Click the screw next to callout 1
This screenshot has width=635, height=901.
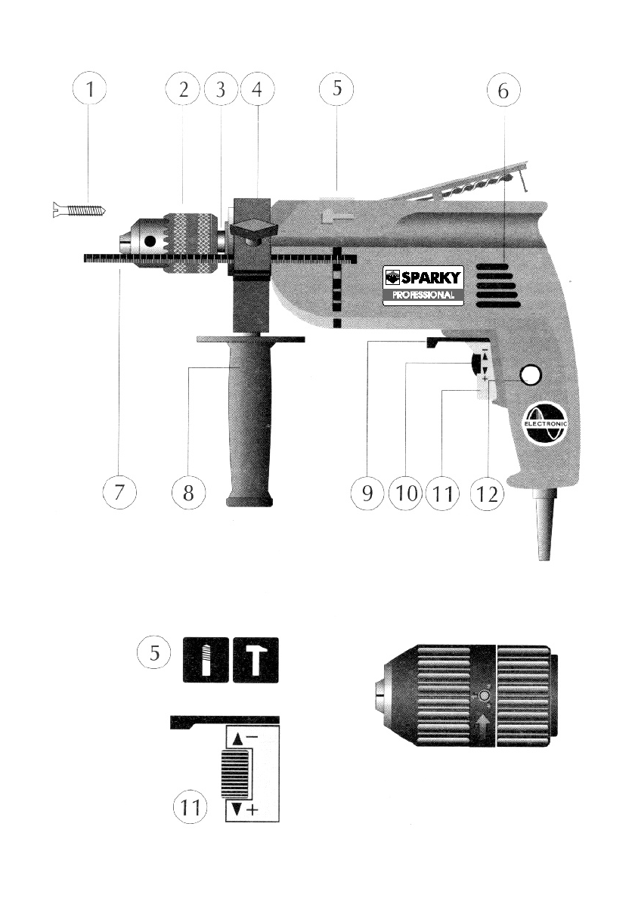pyautogui.click(x=79, y=210)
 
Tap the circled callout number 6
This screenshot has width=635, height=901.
pyautogui.click(x=503, y=90)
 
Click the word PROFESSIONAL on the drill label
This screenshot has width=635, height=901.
pyautogui.click(x=423, y=296)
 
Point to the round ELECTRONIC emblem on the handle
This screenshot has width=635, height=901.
pyautogui.click(x=545, y=423)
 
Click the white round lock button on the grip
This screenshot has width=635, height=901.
pyautogui.click(x=531, y=375)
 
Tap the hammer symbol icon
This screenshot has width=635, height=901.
pyautogui.click(x=256, y=660)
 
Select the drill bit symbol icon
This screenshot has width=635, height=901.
pyautogui.click(x=206, y=660)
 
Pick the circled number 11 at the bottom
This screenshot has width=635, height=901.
pyautogui.click(x=190, y=807)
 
